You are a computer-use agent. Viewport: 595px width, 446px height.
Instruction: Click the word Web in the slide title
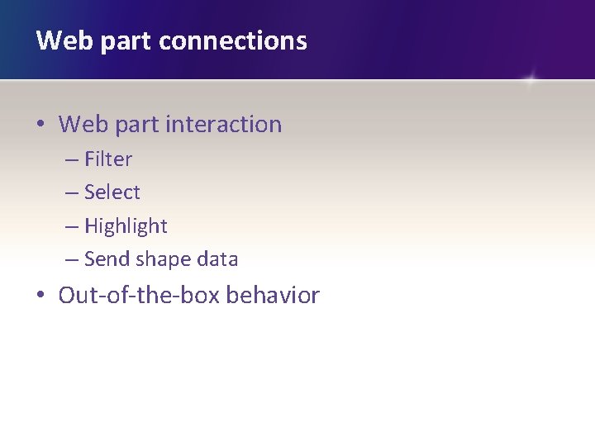pos(60,40)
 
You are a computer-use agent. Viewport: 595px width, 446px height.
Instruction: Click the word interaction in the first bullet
pos(223,125)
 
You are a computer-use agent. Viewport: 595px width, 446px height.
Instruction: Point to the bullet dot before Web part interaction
pos(40,126)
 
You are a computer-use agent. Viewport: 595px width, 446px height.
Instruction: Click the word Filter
pos(108,159)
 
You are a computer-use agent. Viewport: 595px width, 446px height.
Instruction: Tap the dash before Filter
pos(72,159)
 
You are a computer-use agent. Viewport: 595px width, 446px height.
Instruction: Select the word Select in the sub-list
pos(112,192)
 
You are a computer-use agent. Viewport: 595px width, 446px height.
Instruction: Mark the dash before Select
pos(72,193)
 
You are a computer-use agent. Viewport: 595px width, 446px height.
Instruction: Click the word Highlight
pos(126,226)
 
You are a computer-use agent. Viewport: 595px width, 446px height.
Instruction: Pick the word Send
pos(107,259)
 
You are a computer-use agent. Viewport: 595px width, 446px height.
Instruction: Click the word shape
pos(162,259)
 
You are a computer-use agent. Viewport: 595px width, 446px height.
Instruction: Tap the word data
pos(217,259)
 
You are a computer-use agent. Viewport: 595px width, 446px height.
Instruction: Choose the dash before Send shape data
pos(72,260)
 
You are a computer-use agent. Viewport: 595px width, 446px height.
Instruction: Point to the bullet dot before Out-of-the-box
pos(40,297)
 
